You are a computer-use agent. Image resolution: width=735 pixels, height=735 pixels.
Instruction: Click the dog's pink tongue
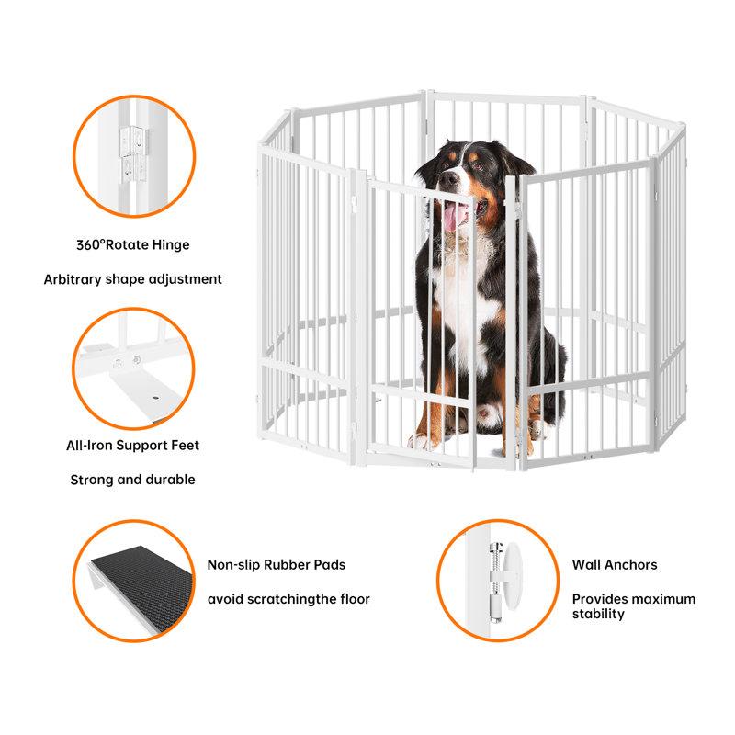[454, 218]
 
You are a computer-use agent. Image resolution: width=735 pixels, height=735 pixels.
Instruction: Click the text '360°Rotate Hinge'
[133, 245]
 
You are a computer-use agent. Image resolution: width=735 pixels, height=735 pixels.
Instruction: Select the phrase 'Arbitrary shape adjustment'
[133, 278]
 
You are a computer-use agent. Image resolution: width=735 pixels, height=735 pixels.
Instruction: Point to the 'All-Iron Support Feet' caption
[133, 446]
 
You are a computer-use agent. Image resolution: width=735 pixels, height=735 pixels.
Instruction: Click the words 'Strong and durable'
[133, 479]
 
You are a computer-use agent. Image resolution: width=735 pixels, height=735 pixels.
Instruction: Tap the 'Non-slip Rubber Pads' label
[276, 565]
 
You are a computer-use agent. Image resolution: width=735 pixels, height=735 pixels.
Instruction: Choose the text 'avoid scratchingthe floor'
[288, 599]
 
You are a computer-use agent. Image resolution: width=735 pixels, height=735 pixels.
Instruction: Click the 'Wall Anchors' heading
[615, 565]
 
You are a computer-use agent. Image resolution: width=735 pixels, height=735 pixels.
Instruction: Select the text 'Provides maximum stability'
[633, 606]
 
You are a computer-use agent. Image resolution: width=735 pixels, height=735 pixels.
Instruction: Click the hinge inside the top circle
[133, 152]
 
